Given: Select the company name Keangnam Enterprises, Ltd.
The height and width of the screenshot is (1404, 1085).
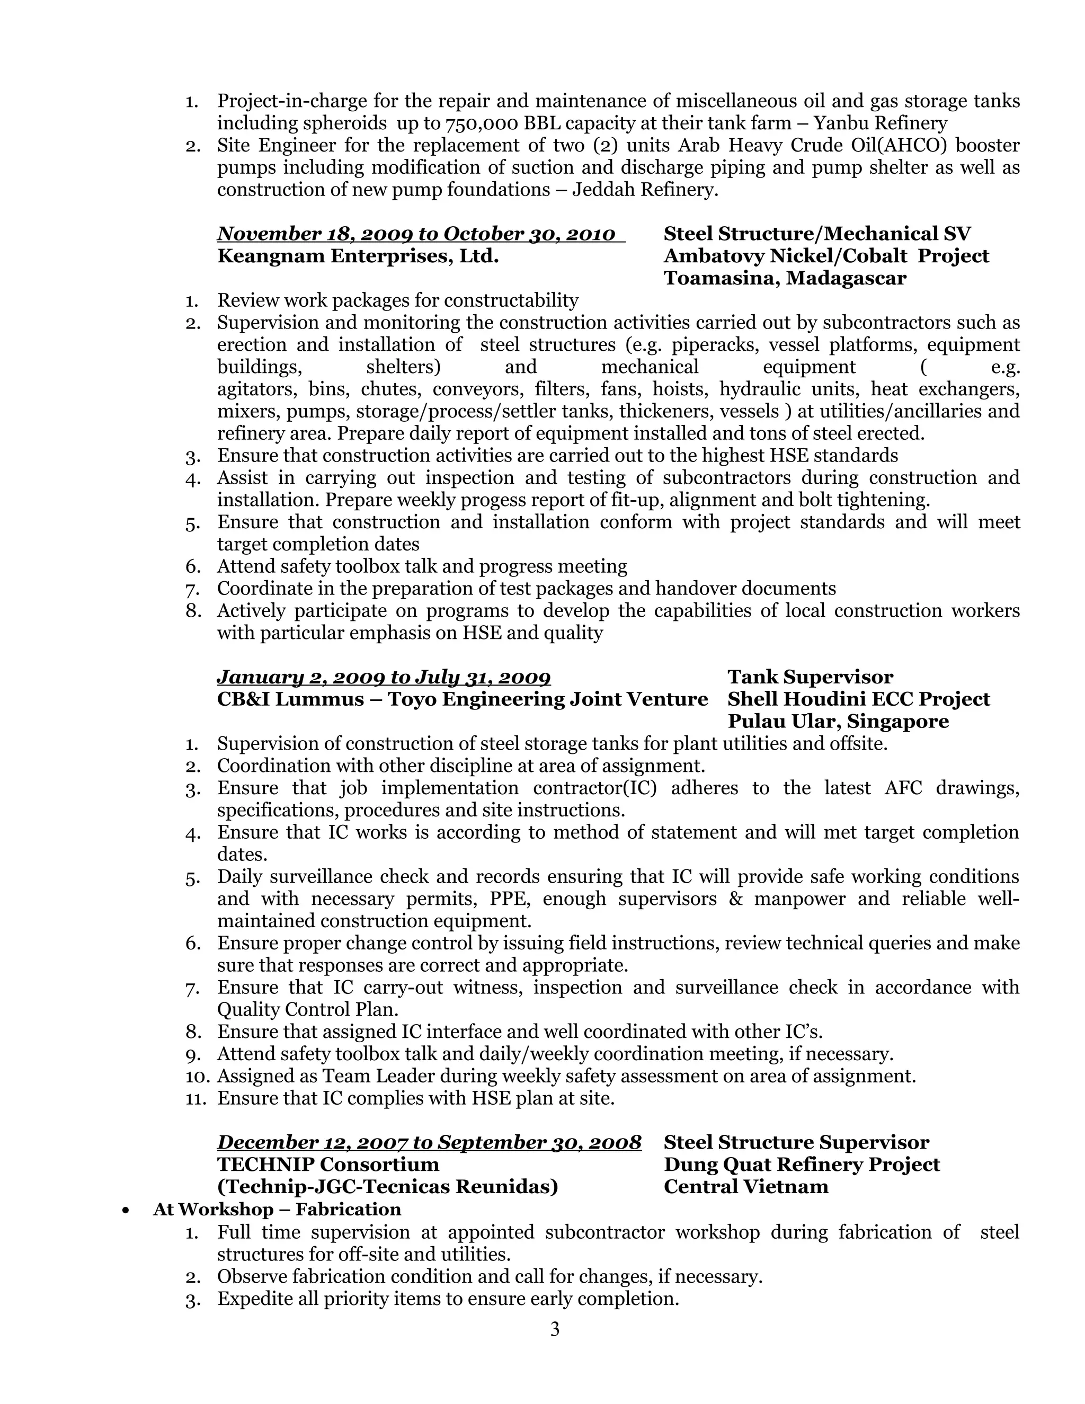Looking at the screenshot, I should click(358, 256).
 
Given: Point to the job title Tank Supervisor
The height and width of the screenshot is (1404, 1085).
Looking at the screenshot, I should click(810, 677).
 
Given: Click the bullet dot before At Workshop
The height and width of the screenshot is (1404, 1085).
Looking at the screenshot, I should click(126, 1211).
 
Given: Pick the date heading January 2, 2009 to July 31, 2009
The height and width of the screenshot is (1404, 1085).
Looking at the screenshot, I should click(384, 677).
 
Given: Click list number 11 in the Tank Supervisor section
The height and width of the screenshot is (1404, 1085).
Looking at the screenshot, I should click(195, 1099).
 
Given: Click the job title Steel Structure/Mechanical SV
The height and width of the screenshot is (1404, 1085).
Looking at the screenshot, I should click(817, 234).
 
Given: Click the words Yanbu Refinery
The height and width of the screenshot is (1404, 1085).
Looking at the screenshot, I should click(880, 123).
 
